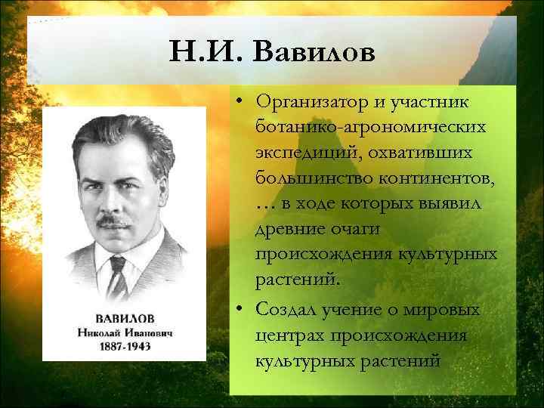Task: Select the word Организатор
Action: coord(312,100)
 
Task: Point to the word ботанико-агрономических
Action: coord(370,126)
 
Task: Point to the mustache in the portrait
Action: coord(116,222)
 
